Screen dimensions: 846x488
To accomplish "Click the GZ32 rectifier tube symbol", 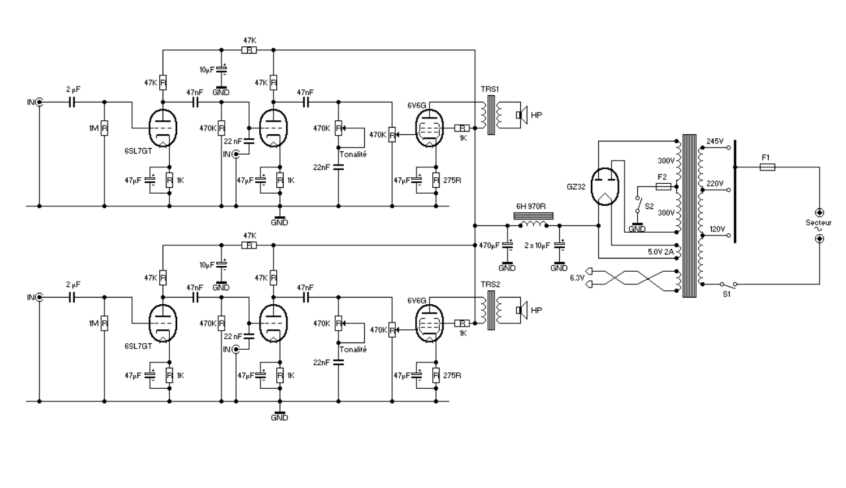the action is pos(605,186).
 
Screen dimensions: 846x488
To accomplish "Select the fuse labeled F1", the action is pos(767,167).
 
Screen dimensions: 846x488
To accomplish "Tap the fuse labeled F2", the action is pos(663,186).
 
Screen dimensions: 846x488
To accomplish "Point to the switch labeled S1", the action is pos(728,284).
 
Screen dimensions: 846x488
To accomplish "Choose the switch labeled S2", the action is pos(638,205).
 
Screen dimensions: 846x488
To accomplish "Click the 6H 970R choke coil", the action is pos(533,225).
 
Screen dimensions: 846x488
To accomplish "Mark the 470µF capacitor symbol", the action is pos(508,245).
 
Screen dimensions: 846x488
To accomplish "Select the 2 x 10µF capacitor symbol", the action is pos(559,245).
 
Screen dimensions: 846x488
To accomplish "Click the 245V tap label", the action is pos(714,142).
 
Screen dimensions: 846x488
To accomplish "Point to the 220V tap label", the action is pos(714,184).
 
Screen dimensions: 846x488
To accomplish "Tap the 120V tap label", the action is pos(717,229).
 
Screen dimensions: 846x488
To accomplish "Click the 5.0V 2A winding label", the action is pos(660,252).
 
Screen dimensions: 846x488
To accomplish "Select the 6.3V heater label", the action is pos(577,278).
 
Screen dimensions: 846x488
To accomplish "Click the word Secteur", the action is pos(818,223).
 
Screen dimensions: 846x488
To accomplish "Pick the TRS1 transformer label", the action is pos(490,89).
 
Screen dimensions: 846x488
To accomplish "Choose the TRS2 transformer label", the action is pos(490,284).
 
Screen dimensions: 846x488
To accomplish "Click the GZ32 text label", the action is pos(576,186).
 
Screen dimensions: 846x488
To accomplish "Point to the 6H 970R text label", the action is pos(531,206).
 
